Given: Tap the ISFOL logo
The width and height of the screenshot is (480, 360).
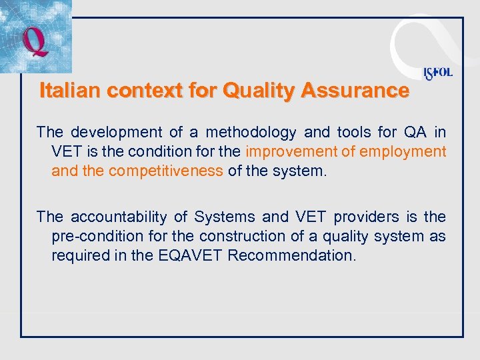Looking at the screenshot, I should [437, 73].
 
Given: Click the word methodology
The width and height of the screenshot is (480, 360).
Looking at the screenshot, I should [251, 132].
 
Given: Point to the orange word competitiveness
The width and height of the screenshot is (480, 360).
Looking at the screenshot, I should [165, 171].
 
